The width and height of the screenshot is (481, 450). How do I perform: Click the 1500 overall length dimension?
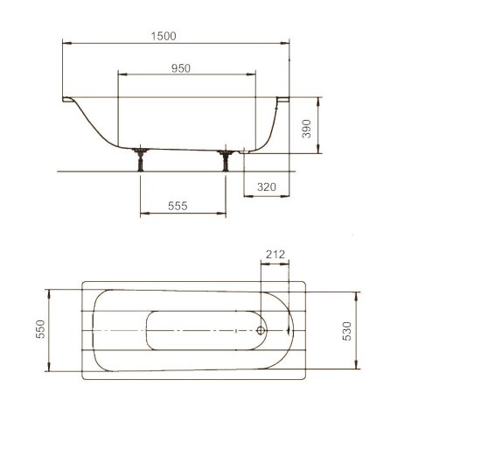tap(164, 36)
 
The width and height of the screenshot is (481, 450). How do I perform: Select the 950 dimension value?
tap(181, 68)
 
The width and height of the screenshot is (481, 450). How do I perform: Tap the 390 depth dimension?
tap(306, 129)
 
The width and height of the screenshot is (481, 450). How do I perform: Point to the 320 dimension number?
tap(267, 186)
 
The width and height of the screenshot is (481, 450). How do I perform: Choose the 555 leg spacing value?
tap(178, 206)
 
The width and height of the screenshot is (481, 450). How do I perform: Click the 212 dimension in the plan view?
tap(275, 255)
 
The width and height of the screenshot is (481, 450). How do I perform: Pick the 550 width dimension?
tap(40, 329)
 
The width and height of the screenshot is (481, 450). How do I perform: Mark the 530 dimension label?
tap(346, 331)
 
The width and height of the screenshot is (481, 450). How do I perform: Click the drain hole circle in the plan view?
tap(261, 331)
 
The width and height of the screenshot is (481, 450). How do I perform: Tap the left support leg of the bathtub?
tap(141, 159)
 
